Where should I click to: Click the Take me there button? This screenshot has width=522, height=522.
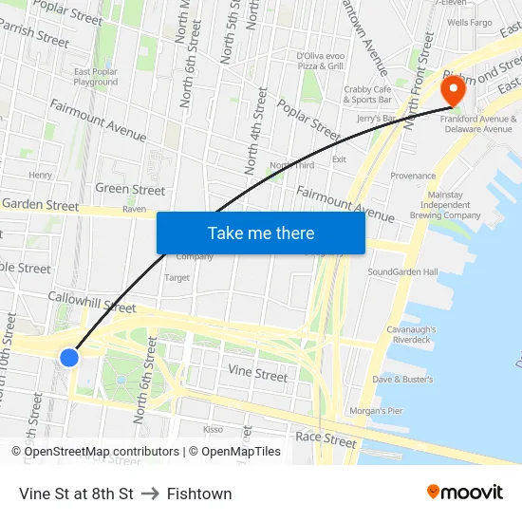tap(261, 233)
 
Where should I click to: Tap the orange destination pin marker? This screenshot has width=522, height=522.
tap(453, 90)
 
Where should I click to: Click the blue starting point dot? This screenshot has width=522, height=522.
tap(69, 357)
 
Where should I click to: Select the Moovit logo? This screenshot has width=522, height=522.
tap(464, 492)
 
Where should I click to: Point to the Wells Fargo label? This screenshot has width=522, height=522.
tap(469, 22)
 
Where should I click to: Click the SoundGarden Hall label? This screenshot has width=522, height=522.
tap(402, 272)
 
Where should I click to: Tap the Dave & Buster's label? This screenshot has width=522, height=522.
tap(402, 380)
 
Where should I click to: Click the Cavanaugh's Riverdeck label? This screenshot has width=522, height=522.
tap(410, 333)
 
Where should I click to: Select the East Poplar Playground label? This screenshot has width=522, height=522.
tap(96, 77)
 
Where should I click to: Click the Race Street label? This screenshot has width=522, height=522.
tap(326, 439)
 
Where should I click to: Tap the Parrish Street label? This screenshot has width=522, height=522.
tap(35, 35)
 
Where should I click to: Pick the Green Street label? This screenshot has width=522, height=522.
tap(130, 190)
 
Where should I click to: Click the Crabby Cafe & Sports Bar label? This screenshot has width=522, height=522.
tap(367, 94)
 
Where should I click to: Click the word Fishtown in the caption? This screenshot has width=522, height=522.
tap(199, 494)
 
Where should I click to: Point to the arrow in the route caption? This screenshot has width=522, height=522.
tap(150, 494)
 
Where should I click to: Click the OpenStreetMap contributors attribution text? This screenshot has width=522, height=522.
tap(102, 452)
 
